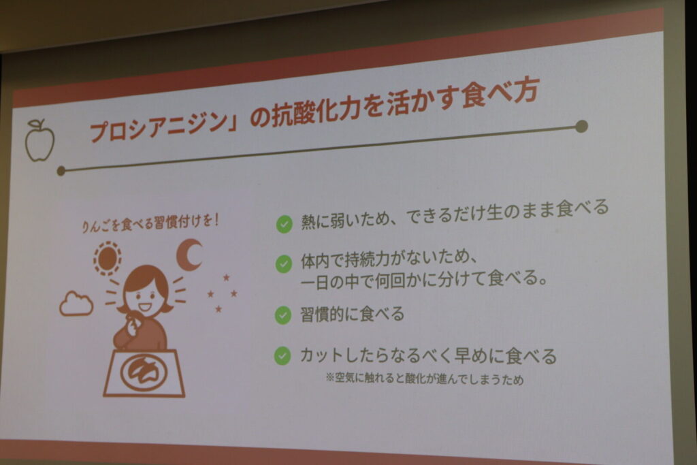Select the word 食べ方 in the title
coord(500,94)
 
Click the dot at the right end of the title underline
coord(581,126)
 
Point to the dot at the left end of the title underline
coord(61,171)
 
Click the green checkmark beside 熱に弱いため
coord(284,224)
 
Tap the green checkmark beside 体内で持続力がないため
coord(284,263)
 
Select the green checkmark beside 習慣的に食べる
coord(282,315)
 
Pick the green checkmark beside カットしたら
coord(282,355)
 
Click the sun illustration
coord(107,258)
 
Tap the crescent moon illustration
coord(189,254)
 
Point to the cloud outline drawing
coord(76,304)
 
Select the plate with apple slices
coord(144,372)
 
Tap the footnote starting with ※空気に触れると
coord(425,379)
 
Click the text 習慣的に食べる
coord(352,315)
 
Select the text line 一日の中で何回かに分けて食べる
coord(423,280)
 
